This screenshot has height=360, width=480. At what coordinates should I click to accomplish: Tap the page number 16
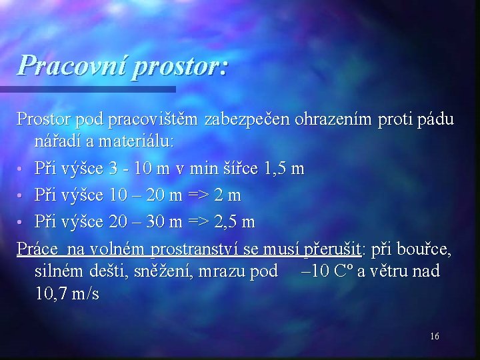(434, 337)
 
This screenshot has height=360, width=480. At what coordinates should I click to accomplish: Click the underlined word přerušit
(332, 249)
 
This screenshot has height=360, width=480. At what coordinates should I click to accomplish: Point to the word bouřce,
(423, 249)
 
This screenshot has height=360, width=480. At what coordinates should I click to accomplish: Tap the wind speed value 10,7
(52, 293)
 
